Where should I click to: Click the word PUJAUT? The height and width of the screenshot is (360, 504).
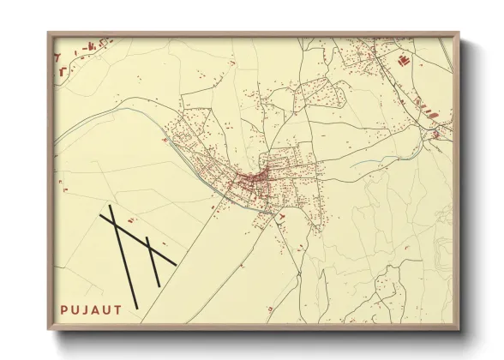point(89,305)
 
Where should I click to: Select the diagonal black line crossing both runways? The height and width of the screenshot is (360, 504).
point(137,239)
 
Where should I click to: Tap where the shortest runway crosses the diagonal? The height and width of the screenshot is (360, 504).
point(150,249)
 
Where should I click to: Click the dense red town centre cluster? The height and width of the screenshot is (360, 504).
point(254,179)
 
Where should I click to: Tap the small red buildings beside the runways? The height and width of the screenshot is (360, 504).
point(163,244)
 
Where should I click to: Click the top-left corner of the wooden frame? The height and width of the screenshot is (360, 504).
point(48,33)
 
